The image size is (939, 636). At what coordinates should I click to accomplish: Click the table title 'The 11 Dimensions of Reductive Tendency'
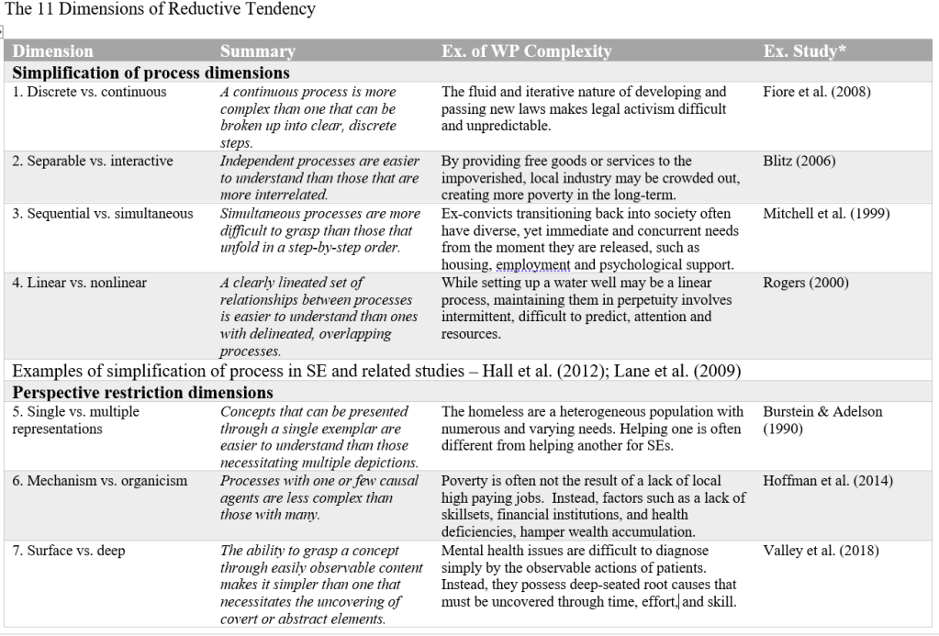tap(161, 10)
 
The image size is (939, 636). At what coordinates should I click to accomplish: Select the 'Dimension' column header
tap(53, 51)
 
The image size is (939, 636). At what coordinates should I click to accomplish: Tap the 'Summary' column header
tap(258, 51)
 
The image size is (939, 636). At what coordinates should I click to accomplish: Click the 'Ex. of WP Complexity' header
tap(526, 51)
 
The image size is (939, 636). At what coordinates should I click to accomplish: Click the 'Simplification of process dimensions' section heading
tap(151, 73)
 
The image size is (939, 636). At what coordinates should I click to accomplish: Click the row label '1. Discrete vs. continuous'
tap(90, 92)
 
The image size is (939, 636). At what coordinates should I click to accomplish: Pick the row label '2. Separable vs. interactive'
tap(93, 162)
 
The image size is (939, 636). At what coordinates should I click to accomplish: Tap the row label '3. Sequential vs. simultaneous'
tap(103, 214)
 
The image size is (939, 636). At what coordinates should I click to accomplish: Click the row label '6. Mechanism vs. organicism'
tap(100, 481)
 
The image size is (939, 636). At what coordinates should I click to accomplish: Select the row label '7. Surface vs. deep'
tap(69, 551)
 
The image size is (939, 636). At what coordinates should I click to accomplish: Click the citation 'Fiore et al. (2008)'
tap(817, 92)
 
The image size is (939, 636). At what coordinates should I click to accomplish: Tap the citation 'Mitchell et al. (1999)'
tap(826, 214)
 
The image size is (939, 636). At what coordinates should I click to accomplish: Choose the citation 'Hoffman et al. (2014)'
tap(827, 481)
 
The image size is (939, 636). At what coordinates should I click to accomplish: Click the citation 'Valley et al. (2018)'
tap(821, 551)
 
